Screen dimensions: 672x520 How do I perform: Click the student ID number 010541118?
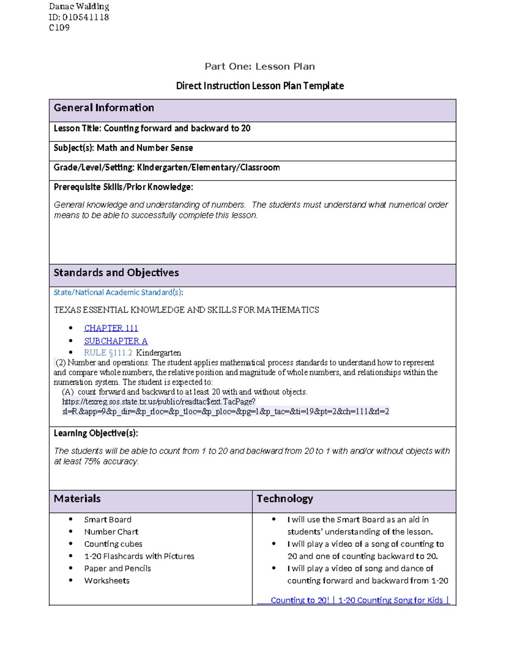pos(85,17)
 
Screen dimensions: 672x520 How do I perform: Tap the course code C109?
pos(59,28)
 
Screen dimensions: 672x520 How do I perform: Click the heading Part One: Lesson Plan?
pos(260,67)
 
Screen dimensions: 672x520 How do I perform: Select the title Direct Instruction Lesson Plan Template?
pos(260,86)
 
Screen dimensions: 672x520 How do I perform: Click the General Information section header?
pos(104,108)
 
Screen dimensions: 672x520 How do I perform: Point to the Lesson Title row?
pos(152,129)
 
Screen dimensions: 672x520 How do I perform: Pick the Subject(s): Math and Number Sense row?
pos(123,148)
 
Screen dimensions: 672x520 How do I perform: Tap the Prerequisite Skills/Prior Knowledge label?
pos(123,187)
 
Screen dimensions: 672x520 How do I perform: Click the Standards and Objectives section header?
pos(116,273)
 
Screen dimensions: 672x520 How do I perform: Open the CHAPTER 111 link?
pos(111,328)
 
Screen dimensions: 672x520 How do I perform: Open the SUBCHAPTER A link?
pos(116,341)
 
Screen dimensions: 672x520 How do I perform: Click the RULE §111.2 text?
pos(108,353)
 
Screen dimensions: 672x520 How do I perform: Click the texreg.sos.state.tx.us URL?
pos(159,402)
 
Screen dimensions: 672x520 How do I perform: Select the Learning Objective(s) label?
pos(96,433)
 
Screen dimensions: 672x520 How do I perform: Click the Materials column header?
pos(77,499)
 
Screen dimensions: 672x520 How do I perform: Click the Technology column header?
pos(285,499)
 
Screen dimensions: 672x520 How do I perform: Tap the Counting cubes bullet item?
pos(113,544)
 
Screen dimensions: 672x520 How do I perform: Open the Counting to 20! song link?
pos(300,600)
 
